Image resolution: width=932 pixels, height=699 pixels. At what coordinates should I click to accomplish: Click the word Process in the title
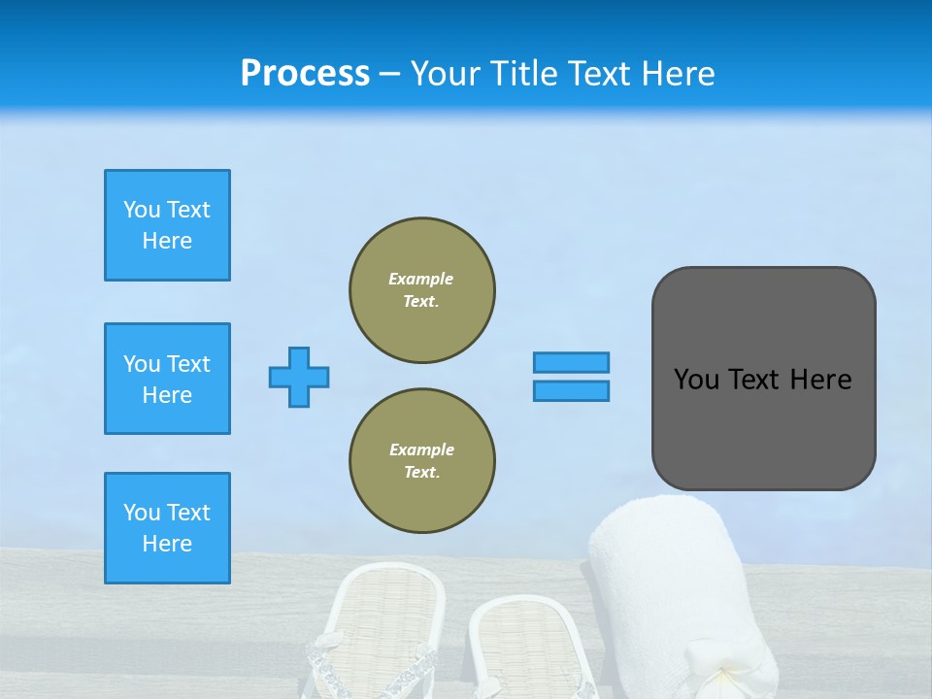305,74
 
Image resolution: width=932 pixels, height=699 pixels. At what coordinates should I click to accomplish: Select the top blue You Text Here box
167,225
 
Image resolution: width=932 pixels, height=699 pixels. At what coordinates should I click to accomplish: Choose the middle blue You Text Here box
167,379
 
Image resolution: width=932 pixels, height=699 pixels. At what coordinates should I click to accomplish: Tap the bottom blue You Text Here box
167,528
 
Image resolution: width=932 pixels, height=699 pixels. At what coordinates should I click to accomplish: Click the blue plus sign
299,377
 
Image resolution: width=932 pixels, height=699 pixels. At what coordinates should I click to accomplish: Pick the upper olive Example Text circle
421,290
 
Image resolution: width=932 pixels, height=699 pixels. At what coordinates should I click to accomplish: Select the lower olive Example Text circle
421,461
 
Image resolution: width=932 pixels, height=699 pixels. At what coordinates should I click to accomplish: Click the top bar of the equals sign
571,362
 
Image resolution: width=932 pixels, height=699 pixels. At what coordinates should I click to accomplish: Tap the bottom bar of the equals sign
571,390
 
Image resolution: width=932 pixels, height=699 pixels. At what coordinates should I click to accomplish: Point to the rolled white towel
680,582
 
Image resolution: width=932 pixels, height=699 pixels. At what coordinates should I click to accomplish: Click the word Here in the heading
679,74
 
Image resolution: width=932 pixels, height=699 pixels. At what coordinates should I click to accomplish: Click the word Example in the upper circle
420,279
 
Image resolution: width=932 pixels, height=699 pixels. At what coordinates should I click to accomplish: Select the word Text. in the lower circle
421,473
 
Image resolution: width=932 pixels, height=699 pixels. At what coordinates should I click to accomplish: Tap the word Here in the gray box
820,380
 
